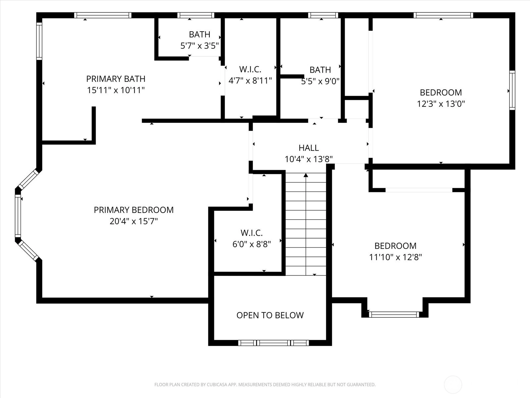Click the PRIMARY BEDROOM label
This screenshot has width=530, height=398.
click(x=133, y=210)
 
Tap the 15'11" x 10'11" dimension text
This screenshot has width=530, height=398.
click(x=116, y=90)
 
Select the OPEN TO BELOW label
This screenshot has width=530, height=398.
click(x=270, y=315)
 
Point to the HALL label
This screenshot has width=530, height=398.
click(x=309, y=148)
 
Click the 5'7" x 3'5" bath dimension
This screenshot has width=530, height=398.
click(x=199, y=45)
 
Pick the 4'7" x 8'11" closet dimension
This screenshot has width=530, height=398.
click(x=250, y=81)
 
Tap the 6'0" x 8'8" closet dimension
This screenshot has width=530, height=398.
click(x=252, y=244)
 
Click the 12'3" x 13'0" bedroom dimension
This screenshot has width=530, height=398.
click(x=441, y=104)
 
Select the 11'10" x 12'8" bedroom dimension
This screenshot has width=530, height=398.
click(x=396, y=257)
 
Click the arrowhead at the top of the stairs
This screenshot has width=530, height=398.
click(x=306, y=175)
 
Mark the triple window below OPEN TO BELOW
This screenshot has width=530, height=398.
click(x=274, y=343)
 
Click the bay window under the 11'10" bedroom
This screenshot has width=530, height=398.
click(x=394, y=314)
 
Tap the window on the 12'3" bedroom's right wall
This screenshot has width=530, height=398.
click(x=512, y=90)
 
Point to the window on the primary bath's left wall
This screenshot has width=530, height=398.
click(x=39, y=41)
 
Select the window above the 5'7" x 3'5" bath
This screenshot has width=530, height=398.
click(x=196, y=15)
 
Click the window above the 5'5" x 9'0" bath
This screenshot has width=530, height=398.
click(x=323, y=15)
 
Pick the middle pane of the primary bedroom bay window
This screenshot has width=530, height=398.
click(x=18, y=216)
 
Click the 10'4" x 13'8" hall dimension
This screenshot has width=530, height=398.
click(x=309, y=159)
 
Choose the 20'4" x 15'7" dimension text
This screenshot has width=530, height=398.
click(x=133, y=221)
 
